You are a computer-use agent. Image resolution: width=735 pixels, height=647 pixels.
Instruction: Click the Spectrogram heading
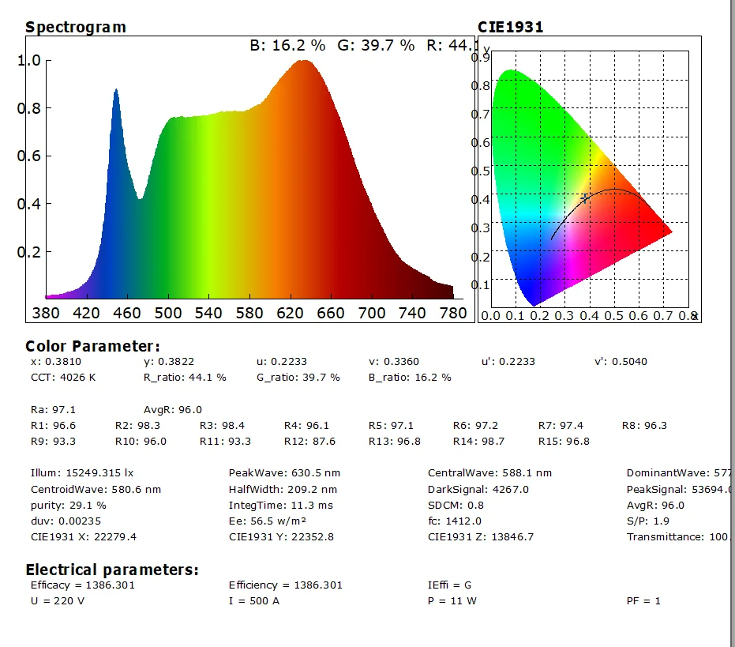(x=75, y=27)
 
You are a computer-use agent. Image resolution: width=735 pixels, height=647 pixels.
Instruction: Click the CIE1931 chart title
(x=510, y=27)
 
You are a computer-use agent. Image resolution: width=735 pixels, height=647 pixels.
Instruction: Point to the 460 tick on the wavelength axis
(x=128, y=313)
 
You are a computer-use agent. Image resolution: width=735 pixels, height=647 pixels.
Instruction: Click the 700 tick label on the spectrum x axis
(x=373, y=313)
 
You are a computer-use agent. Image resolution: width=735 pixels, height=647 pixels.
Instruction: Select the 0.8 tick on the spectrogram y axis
(x=28, y=108)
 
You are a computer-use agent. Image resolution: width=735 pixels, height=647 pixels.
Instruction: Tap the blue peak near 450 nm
(x=116, y=92)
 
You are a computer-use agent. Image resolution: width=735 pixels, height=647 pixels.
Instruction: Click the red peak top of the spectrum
(x=304, y=62)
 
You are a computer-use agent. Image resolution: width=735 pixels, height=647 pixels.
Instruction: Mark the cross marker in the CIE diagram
(x=584, y=198)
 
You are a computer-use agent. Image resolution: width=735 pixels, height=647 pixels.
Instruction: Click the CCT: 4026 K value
(x=63, y=377)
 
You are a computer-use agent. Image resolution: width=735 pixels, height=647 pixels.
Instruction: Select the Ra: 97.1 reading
(x=47, y=409)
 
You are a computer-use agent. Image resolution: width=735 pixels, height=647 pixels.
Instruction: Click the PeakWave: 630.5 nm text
(x=284, y=473)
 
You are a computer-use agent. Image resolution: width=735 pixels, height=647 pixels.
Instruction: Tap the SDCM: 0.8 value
(x=456, y=505)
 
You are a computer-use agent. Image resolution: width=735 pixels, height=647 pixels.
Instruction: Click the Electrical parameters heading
(x=112, y=570)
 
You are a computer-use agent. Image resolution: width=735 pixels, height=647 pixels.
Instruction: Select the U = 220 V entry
(x=57, y=600)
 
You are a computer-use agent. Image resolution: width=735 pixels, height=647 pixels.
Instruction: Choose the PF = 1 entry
(x=643, y=600)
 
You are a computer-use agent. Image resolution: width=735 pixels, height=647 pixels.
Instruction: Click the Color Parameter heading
(x=92, y=346)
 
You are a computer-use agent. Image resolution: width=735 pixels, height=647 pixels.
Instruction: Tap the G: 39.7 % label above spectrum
(x=376, y=46)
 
